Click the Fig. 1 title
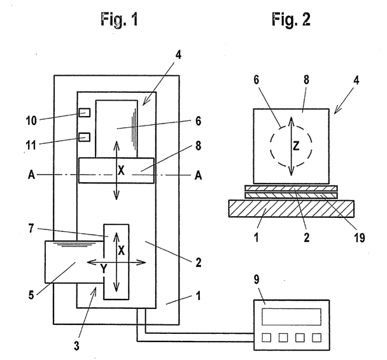(x=119, y=20)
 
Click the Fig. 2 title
(x=291, y=20)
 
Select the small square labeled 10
(x=85, y=113)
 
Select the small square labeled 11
(x=85, y=137)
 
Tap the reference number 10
(x=31, y=121)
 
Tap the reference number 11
(x=31, y=145)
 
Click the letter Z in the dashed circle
(x=296, y=146)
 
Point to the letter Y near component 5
(x=104, y=269)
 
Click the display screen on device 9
(x=292, y=317)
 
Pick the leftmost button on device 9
(x=266, y=338)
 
